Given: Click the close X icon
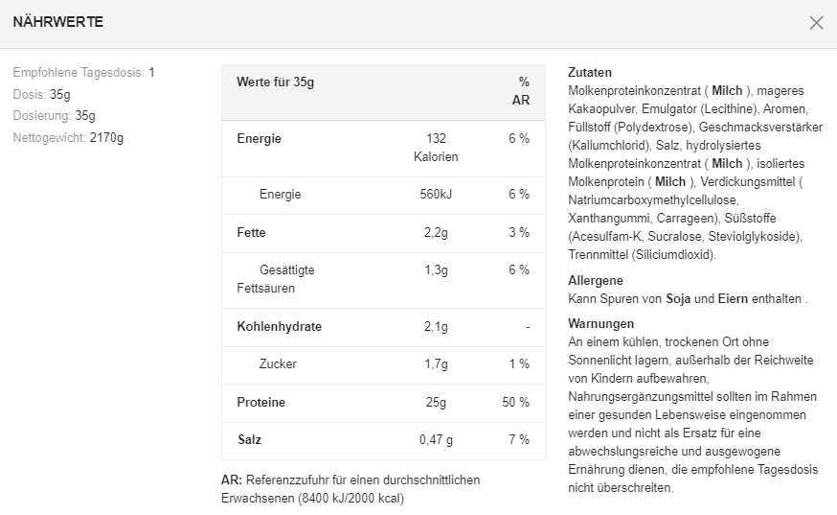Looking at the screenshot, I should (x=816, y=23).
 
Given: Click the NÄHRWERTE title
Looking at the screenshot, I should (x=58, y=22).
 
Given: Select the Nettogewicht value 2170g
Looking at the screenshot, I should (x=106, y=138).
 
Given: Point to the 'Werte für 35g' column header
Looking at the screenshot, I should (x=275, y=82).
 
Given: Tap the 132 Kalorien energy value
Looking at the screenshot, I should (x=436, y=148).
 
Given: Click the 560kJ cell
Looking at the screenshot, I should (x=436, y=195).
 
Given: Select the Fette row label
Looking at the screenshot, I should (x=252, y=233).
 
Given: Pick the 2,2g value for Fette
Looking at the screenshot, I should (x=436, y=233).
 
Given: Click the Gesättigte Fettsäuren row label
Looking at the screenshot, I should (x=277, y=279).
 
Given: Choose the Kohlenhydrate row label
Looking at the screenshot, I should (x=279, y=327).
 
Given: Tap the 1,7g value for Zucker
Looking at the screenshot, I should (x=436, y=364).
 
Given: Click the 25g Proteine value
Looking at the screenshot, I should (x=436, y=403).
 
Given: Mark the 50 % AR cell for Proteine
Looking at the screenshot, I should (x=515, y=403).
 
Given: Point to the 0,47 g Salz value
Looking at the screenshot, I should (x=436, y=440).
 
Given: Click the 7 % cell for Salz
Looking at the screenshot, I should (x=519, y=440).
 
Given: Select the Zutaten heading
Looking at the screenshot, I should (x=590, y=73).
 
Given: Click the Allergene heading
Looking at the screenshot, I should (x=596, y=281).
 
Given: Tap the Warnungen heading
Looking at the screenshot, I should (x=600, y=324).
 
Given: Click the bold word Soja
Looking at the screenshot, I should (x=678, y=299).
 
